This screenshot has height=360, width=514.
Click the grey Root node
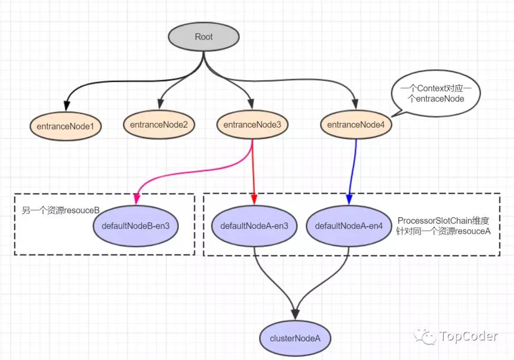(x=204, y=37)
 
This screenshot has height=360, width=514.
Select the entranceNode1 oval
(x=65, y=126)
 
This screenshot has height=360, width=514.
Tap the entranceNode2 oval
(x=159, y=125)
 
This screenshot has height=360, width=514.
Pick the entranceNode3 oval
(x=252, y=125)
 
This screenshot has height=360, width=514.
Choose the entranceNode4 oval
(x=356, y=125)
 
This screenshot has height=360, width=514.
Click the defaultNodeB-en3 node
(x=136, y=226)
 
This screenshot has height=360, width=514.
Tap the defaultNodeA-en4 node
(x=349, y=226)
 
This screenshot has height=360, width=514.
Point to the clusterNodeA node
(x=296, y=339)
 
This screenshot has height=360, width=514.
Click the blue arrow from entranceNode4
(x=353, y=171)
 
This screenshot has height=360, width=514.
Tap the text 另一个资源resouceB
(x=60, y=210)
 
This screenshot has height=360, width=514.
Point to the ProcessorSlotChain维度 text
(x=443, y=221)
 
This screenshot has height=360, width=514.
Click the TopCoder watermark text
(x=468, y=336)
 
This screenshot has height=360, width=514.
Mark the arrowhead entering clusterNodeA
(x=296, y=314)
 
